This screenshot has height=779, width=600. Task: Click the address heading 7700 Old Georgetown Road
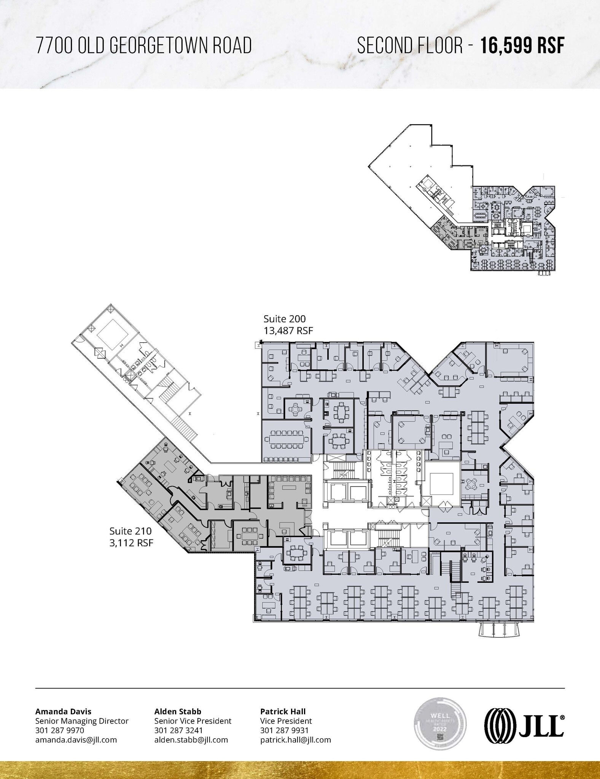click(x=143, y=46)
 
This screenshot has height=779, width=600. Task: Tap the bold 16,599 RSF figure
click(x=522, y=46)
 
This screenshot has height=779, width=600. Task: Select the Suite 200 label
click(x=285, y=319)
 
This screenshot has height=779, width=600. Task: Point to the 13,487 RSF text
click(x=288, y=331)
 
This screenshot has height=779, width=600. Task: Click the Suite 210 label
click(x=131, y=531)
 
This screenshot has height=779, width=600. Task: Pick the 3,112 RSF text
click(x=131, y=543)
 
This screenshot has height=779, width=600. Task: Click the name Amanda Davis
click(x=63, y=711)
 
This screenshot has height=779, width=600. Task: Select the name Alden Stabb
click(x=178, y=711)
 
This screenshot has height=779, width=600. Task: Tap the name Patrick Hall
click(x=283, y=711)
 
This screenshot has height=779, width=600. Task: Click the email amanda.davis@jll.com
click(x=76, y=740)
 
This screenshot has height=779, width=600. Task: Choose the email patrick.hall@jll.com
click(x=296, y=740)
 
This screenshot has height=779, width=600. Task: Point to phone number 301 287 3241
click(x=178, y=730)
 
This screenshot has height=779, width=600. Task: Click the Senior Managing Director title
click(x=82, y=721)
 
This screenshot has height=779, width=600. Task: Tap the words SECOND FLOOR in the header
click(x=410, y=46)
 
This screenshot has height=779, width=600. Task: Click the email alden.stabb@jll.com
click(x=191, y=740)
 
